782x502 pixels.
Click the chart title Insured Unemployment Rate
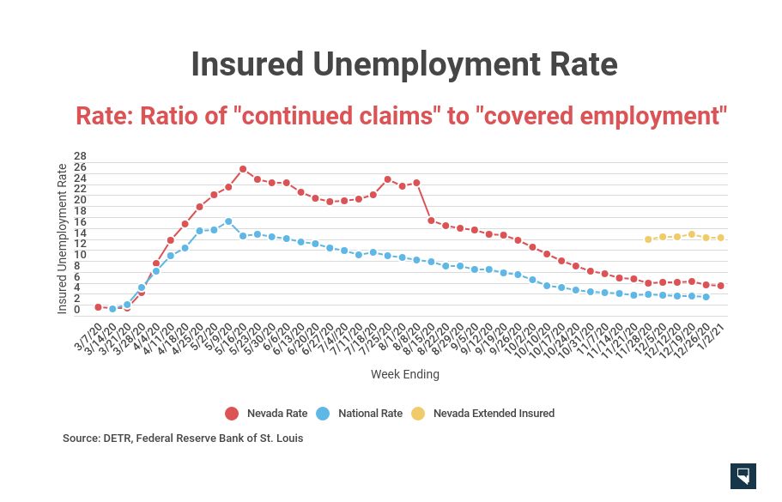[x=403, y=64]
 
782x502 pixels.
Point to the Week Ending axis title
[x=405, y=375]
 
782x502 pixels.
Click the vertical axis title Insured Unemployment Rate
[x=62, y=239]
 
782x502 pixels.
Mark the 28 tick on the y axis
[x=79, y=155]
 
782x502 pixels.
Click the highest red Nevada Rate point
[x=243, y=169]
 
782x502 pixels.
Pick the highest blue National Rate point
[x=228, y=221]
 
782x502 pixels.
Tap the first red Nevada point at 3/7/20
[x=98, y=306]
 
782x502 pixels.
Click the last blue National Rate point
[x=706, y=297]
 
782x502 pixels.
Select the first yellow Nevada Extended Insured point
[x=648, y=239]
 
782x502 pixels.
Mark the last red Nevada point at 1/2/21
[x=720, y=286]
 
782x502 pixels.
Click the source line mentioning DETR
[x=183, y=438]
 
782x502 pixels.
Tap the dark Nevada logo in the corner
[x=743, y=476]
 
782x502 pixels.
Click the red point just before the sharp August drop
[x=416, y=183]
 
